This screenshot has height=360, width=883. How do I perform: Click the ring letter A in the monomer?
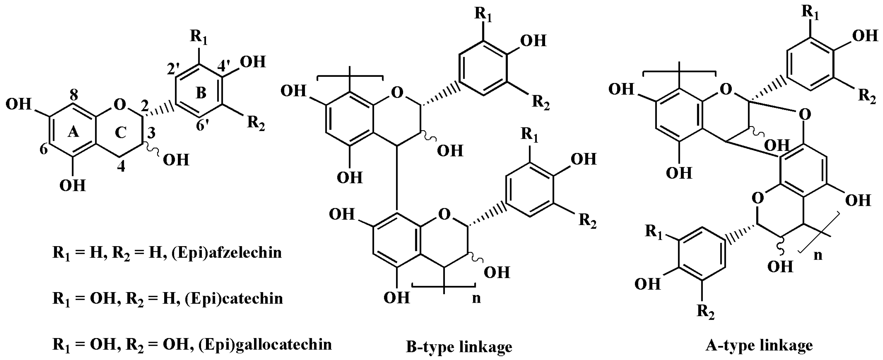pyautogui.click(x=73, y=132)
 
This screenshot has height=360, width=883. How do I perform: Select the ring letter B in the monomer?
pyautogui.click(x=201, y=93)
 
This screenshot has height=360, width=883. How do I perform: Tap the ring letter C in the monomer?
pyautogui.click(x=121, y=132)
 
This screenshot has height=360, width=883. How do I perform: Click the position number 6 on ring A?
pyautogui.click(x=44, y=149)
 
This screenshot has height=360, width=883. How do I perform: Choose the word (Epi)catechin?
pyautogui.click(x=234, y=299)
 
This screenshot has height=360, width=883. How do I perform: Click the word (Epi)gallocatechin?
pyautogui.click(x=265, y=344)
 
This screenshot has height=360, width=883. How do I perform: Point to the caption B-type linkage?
pyautogui.click(x=459, y=347)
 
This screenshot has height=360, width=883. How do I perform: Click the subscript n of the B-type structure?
pyautogui.click(x=476, y=298)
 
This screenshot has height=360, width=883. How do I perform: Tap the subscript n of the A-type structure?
pyautogui.click(x=818, y=255)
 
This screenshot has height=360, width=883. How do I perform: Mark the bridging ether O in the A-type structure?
pyautogui.click(x=804, y=114)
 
